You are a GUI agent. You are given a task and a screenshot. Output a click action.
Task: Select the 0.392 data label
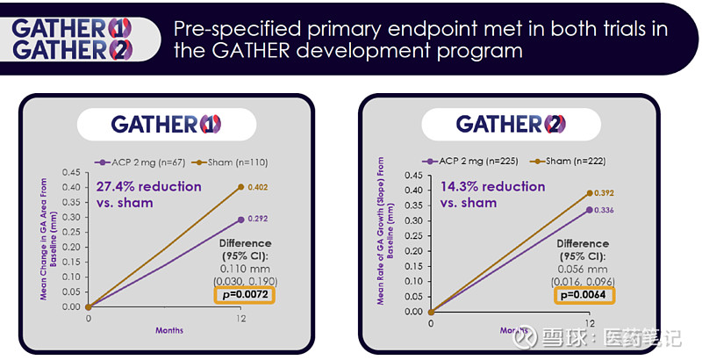[x=603, y=193]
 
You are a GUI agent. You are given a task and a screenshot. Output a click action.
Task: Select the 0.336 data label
[x=603, y=210]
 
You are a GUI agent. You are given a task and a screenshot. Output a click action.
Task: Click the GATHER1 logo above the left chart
[x=166, y=124]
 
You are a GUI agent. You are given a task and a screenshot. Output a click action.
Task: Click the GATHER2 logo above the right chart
[x=511, y=124]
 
